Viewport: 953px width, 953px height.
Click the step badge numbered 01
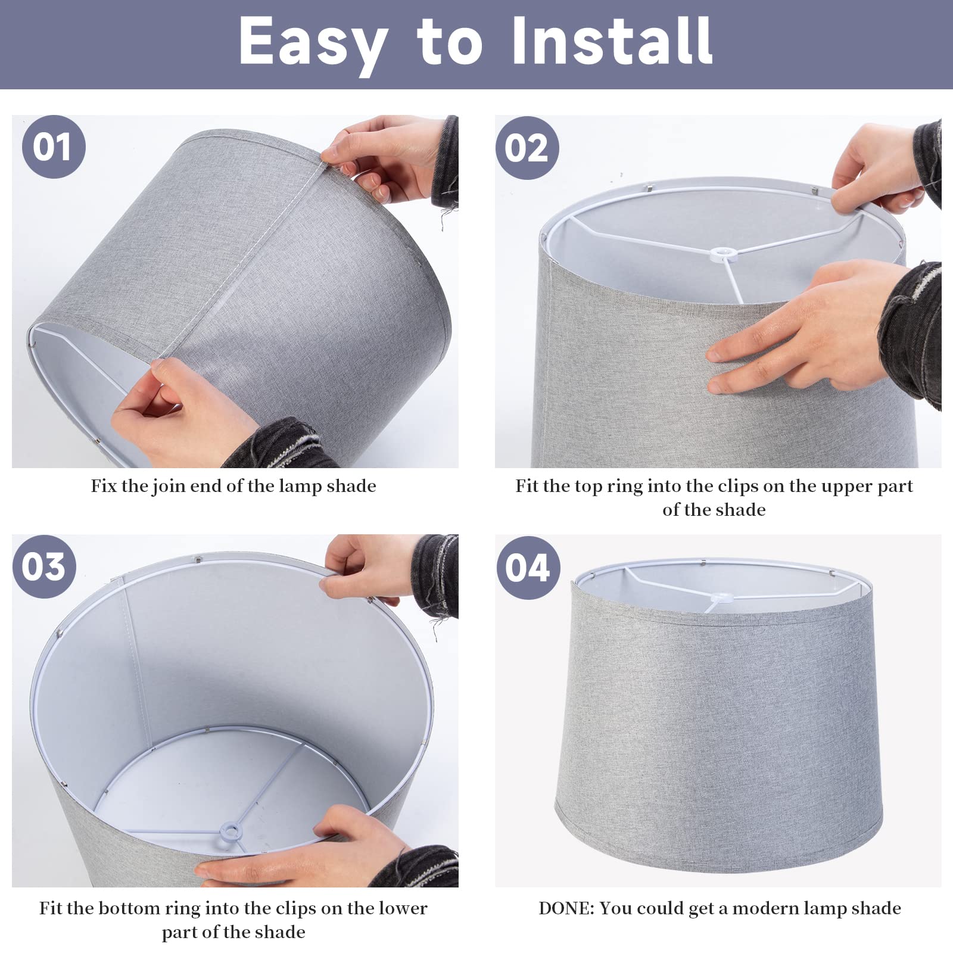54,147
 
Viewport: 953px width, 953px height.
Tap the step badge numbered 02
527,148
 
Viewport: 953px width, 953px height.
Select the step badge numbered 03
43,566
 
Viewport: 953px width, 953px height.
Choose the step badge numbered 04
528,568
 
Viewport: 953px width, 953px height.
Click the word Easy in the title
313,42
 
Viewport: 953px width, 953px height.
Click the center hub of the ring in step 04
722,598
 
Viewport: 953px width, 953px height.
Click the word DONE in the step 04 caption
565,908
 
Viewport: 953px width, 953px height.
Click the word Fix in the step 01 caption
103,486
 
